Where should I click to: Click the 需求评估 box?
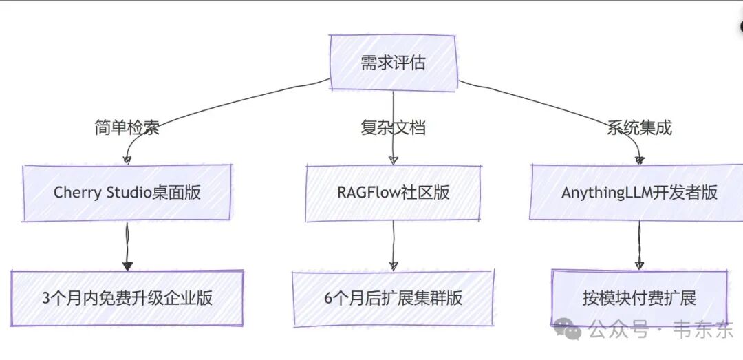393,63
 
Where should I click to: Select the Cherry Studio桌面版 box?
127,192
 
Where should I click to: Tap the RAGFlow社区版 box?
393,192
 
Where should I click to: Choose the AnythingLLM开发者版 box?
639,192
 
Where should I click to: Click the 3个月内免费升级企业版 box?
127,298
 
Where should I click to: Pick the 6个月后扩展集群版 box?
393,298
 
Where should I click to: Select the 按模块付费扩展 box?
639,298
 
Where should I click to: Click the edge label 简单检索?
127,128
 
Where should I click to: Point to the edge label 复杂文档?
393,128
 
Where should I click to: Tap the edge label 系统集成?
639,128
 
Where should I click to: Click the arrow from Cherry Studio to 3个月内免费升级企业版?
127,245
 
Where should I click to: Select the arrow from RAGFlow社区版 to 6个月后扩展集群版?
394,245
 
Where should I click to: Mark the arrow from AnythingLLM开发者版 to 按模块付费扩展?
639,245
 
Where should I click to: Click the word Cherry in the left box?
74,192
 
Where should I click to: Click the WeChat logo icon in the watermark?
568,330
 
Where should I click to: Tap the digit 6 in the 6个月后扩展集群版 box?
329,298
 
